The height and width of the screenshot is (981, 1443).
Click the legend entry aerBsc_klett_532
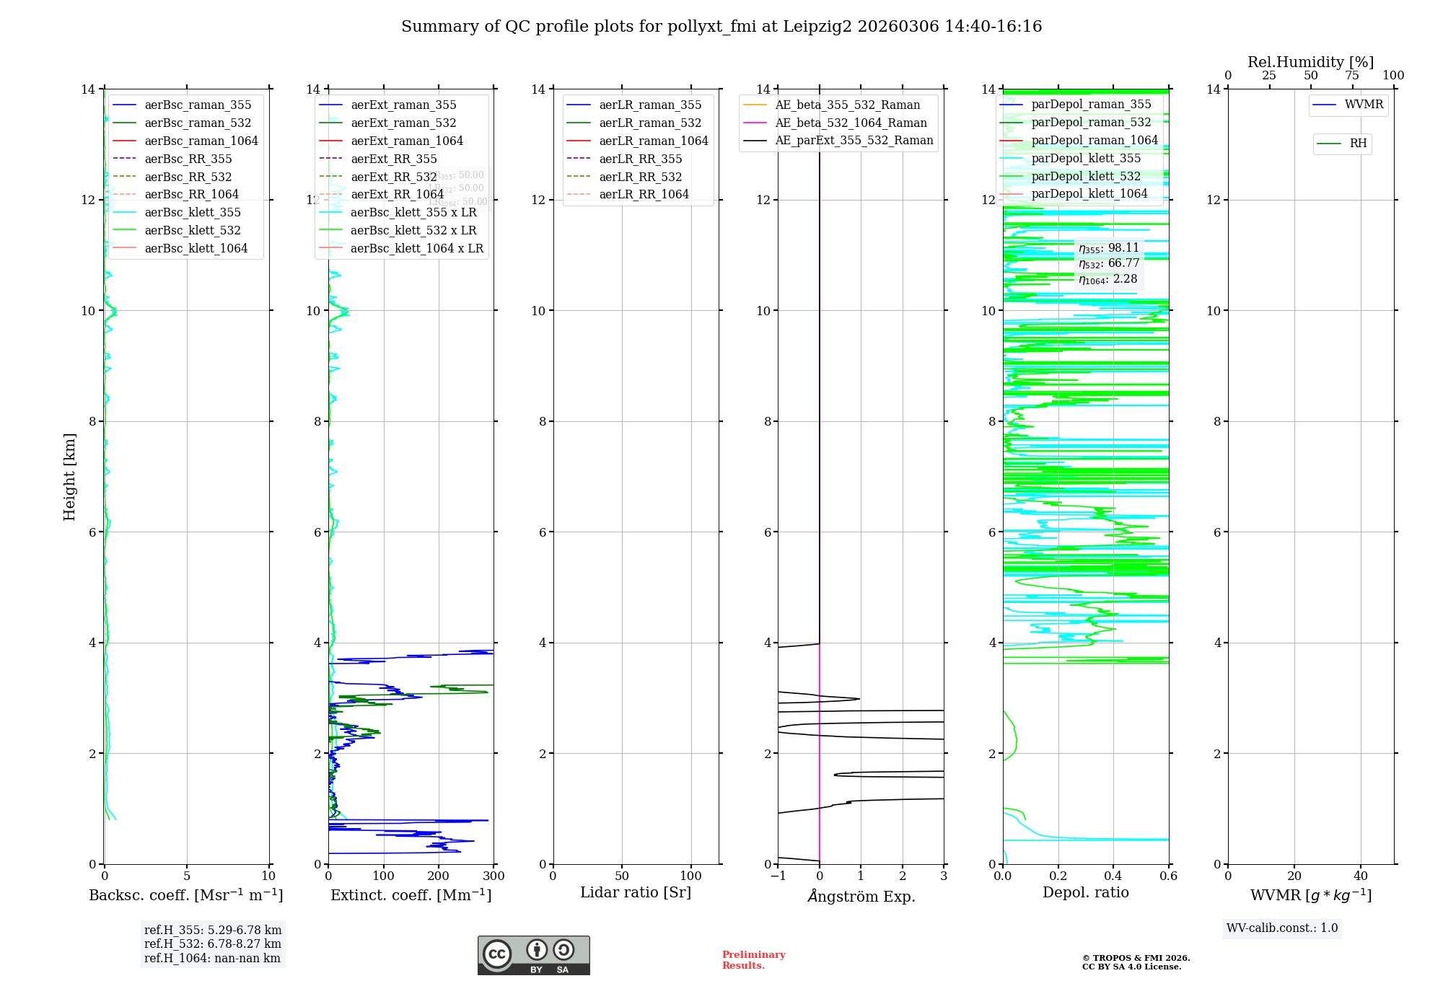click(x=193, y=231)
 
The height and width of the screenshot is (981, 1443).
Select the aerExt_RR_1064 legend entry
click(x=397, y=195)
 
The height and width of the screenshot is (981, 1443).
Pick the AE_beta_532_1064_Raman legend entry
click(x=851, y=123)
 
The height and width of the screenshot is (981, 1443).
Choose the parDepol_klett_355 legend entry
click(x=1086, y=159)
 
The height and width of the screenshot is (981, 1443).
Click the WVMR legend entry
click(x=1364, y=105)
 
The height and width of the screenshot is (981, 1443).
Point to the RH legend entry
click(x=1358, y=144)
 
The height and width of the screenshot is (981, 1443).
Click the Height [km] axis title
click(x=69, y=477)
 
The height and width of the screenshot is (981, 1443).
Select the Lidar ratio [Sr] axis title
click(x=636, y=893)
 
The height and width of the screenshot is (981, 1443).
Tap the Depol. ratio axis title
click(x=1086, y=893)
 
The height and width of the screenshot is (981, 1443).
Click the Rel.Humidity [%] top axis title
click(x=1310, y=62)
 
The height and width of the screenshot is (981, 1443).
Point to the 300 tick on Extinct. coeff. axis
click(x=494, y=876)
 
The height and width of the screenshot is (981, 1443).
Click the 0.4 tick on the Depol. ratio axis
click(x=1113, y=876)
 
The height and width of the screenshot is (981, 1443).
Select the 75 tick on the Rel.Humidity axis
click(x=1352, y=76)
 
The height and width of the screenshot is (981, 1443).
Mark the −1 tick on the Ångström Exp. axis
click(x=777, y=876)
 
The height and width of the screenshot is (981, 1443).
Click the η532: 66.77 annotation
click(x=1109, y=263)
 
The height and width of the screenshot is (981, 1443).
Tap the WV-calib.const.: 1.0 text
click(x=1282, y=928)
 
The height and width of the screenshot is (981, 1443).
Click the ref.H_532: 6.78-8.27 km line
click(x=213, y=944)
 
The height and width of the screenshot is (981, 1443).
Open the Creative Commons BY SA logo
click(x=533, y=956)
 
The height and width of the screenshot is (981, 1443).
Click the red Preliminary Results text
click(x=753, y=960)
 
